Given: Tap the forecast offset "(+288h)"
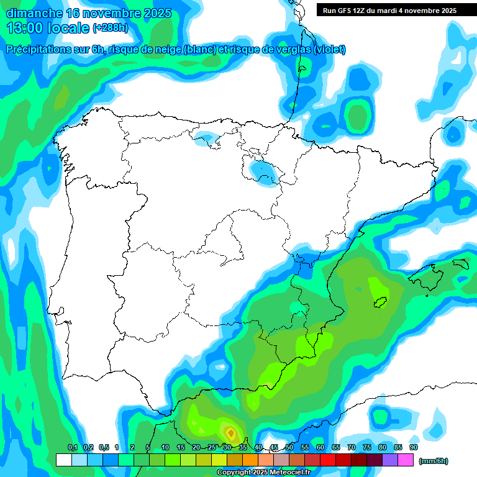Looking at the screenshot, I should [110, 27].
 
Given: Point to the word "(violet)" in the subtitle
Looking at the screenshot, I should [329, 50].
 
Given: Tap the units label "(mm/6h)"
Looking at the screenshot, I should [434, 461].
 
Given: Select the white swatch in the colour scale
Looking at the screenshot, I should [63, 460].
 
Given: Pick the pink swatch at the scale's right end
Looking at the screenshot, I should [406, 460].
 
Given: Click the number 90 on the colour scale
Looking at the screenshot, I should [413, 447].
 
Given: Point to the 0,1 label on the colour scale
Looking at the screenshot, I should [73, 447].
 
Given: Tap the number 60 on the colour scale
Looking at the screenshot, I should [320, 447].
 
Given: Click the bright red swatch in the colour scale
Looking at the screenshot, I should [328, 460].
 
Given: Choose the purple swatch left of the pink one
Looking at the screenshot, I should [390, 460].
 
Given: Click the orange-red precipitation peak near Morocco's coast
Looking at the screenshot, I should [230, 432].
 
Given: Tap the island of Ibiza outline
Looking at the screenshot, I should [379, 303].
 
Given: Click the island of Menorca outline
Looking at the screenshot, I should [460, 263].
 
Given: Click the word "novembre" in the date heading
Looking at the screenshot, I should [110, 13].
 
